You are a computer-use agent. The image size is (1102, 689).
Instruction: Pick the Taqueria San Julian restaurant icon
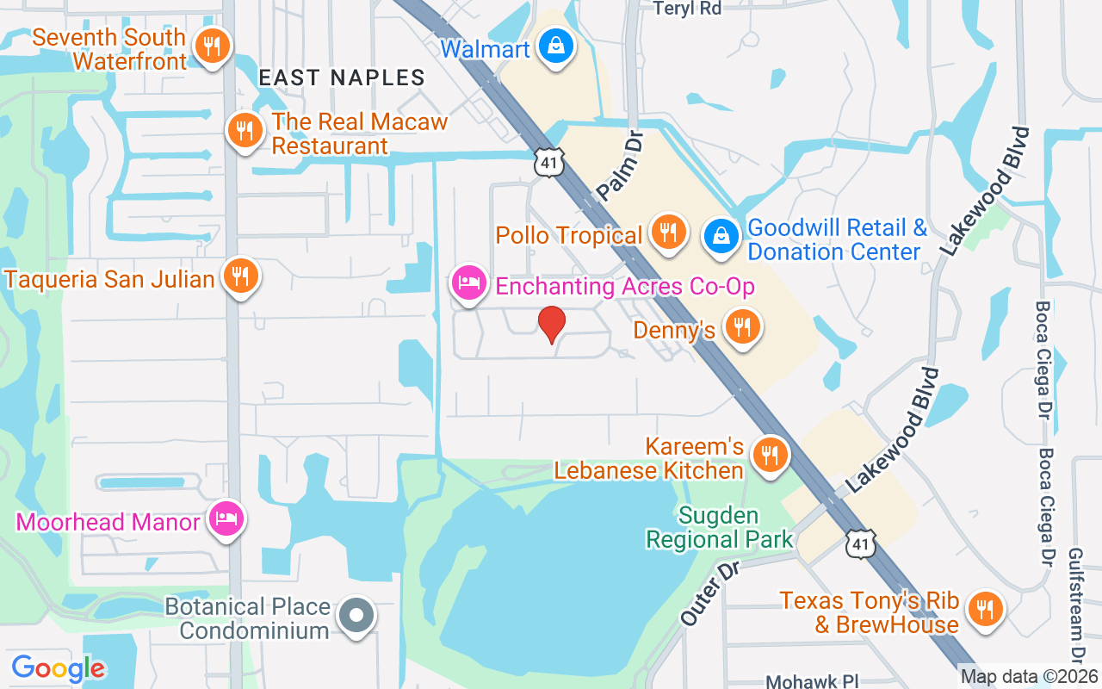pyautogui.click(x=242, y=276)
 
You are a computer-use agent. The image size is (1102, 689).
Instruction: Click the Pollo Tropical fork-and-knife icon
pyautogui.click(x=667, y=231)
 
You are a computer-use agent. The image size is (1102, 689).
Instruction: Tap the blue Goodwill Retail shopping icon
pyautogui.click(x=721, y=236)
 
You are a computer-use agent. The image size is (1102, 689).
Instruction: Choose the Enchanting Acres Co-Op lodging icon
pyautogui.click(x=468, y=282)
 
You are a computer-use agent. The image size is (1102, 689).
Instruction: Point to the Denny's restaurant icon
pyautogui.click(x=742, y=326)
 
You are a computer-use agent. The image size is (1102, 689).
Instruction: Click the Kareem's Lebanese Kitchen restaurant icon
pyautogui.click(x=770, y=454)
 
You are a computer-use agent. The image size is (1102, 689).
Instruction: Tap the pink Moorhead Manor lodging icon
pyautogui.click(x=227, y=518)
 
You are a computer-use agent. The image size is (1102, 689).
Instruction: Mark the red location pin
pyautogui.click(x=552, y=324)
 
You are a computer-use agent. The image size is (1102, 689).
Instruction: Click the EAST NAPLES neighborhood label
pyautogui.click(x=342, y=78)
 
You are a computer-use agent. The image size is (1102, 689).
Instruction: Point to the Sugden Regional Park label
pyautogui.click(x=720, y=528)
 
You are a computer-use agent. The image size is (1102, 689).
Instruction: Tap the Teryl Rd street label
pyautogui.click(x=687, y=9)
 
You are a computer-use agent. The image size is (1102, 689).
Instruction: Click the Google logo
pyautogui.click(x=59, y=667)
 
